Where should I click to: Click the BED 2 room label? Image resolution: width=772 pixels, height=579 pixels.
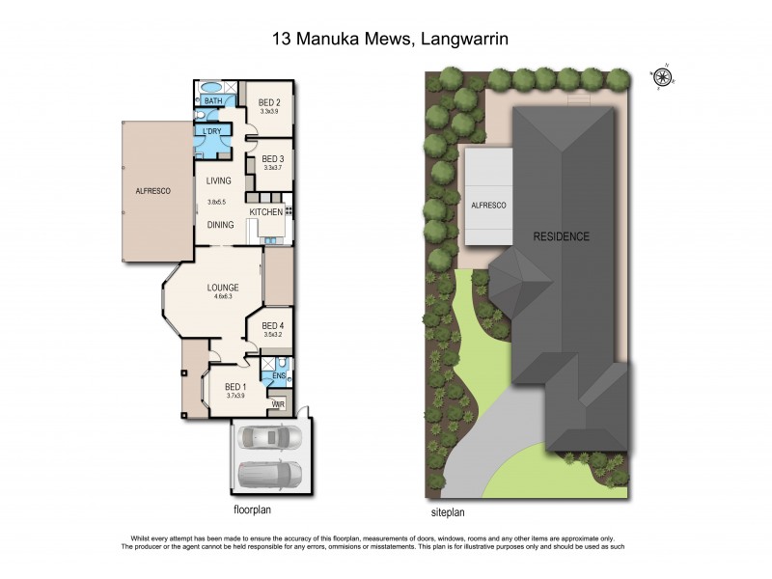click(x=269, y=103)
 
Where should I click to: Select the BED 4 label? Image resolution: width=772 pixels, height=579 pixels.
click(x=272, y=325)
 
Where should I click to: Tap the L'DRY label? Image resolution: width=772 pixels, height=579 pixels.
click(x=212, y=130)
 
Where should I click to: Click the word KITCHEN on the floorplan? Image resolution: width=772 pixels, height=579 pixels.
click(x=265, y=212)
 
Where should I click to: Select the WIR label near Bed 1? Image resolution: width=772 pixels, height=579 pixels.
click(x=277, y=404)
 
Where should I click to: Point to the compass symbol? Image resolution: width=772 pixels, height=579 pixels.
click(x=664, y=75)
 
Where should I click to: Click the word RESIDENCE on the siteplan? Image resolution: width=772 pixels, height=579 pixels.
click(x=563, y=236)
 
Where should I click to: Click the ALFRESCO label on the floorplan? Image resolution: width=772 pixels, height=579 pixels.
click(x=152, y=192)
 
